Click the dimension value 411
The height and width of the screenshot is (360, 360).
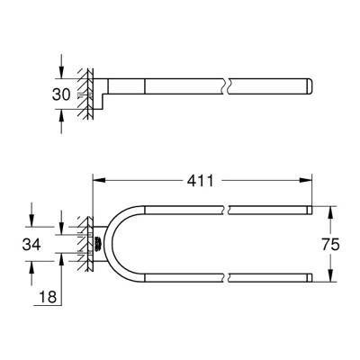coord(200,181)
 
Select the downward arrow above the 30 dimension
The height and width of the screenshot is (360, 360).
coord(61,67)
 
